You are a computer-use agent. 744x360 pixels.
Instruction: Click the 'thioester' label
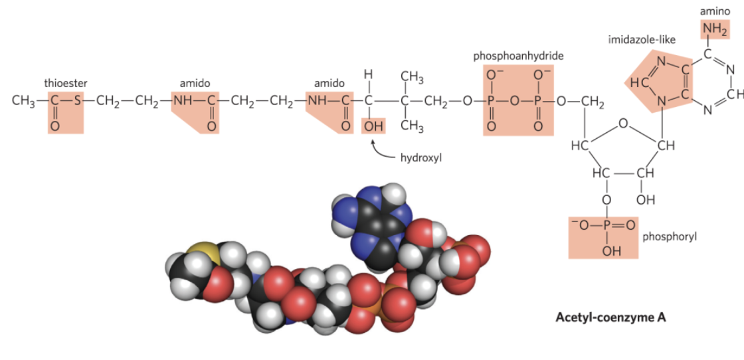pyautogui.click(x=65, y=84)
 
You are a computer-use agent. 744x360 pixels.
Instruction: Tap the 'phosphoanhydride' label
pyautogui.click(x=518, y=56)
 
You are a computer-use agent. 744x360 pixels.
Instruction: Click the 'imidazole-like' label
pyautogui.click(x=642, y=40)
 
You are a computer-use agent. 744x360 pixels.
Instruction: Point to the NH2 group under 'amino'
pyautogui.click(x=715, y=29)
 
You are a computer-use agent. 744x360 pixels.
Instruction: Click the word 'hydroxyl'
pyautogui.click(x=420, y=158)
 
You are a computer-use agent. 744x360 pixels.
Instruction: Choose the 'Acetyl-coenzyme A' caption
pyautogui.click(x=610, y=317)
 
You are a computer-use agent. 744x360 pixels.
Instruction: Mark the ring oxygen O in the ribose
pyautogui.click(x=622, y=123)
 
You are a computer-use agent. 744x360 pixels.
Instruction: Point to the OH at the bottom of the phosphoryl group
pyautogui.click(x=606, y=250)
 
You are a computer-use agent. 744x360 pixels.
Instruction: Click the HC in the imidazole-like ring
pyautogui.click(x=636, y=84)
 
